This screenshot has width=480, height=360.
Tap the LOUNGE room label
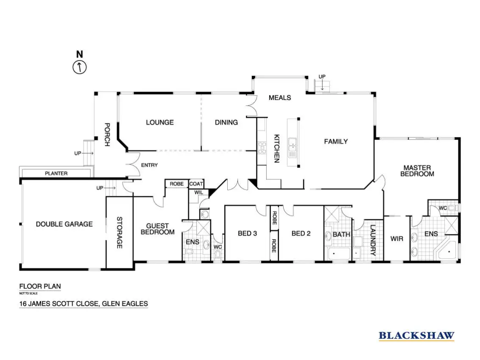(x=160, y=123)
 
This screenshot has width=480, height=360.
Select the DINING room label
(x=226, y=123)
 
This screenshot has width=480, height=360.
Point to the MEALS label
(x=280, y=98)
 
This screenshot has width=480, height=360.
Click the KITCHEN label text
(x=277, y=148)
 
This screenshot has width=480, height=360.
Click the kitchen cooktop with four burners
(x=262, y=148)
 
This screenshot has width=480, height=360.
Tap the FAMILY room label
(x=336, y=142)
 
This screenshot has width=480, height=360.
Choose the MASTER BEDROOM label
(x=417, y=171)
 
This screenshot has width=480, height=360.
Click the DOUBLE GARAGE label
(x=64, y=224)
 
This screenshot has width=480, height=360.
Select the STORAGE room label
(x=120, y=233)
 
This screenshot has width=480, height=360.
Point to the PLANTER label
(x=56, y=173)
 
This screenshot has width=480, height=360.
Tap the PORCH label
(x=107, y=135)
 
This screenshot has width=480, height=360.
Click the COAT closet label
(x=196, y=184)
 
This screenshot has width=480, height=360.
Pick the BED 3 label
(x=247, y=233)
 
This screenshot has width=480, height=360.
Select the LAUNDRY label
(x=373, y=240)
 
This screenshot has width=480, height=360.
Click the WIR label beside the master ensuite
(x=397, y=238)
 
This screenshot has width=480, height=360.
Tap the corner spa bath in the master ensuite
(x=448, y=251)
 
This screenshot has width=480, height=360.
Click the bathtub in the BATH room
(x=339, y=254)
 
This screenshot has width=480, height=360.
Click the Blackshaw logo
(x=416, y=336)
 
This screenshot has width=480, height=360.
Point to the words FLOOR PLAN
(x=40, y=286)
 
